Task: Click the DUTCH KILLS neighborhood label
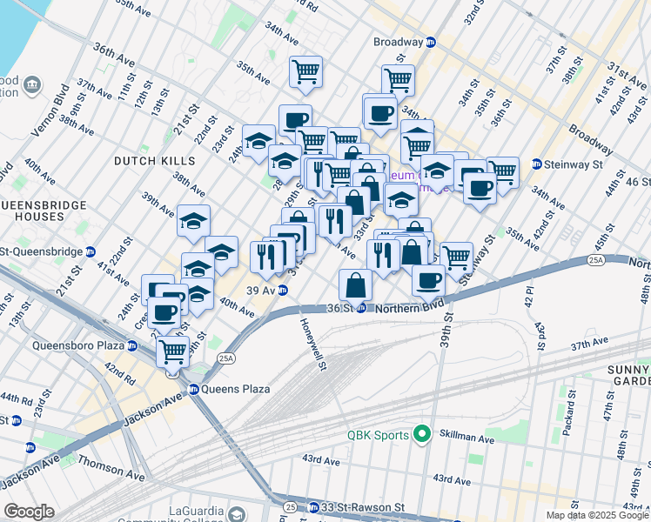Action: (147, 161)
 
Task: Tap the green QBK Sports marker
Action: (424, 432)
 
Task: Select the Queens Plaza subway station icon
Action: (193, 389)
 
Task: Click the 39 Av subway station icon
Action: (284, 291)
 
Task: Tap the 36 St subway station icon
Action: (361, 309)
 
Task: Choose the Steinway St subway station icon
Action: (537, 164)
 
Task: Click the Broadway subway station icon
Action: (430, 42)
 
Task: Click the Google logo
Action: (29, 512)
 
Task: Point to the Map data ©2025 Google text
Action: (596, 515)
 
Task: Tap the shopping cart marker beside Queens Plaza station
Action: (173, 351)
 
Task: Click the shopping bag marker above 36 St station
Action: (356, 284)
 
